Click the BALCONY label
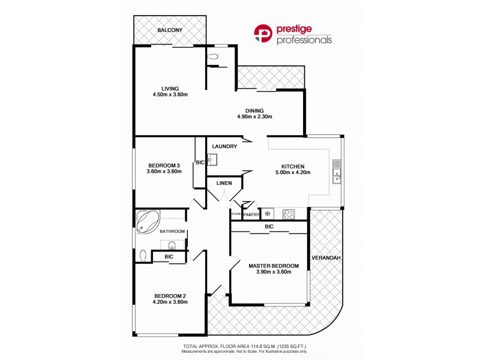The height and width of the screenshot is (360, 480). tap(170, 30)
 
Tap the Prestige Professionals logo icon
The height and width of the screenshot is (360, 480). tap(263, 34)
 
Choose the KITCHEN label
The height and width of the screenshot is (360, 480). tap(294, 167)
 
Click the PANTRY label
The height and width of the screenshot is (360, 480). tap(251, 214)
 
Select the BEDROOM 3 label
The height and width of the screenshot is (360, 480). tap(164, 166)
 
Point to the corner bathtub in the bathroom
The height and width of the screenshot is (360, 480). tap(145, 220)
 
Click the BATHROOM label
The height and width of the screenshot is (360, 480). tap(173, 232)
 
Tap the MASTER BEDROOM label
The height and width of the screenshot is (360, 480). tap(274, 265)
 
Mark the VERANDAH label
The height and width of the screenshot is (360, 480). tap(326, 258)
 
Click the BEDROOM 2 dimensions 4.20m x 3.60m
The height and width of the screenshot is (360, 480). tap(171, 302)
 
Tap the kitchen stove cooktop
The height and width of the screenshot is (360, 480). tap(289, 213)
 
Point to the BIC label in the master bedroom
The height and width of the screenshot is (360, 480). tap(269, 227)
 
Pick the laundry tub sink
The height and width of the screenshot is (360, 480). tap(211, 160)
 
